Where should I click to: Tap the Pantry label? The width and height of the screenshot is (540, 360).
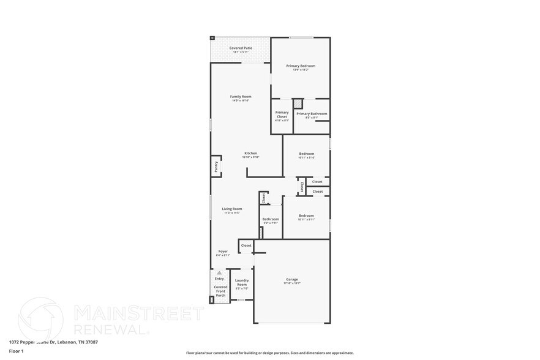pos(216,166)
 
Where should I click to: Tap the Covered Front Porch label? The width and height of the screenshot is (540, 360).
pos(220,291)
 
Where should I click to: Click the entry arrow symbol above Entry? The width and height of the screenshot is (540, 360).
pos(219,273)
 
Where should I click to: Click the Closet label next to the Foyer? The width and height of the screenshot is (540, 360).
pos(246,246)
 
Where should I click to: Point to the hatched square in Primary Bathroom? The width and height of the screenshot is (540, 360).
pos(298,103)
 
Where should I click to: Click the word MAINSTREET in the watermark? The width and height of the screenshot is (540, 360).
pos(138,313)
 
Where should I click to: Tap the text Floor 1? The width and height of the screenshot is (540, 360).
pos(16,351)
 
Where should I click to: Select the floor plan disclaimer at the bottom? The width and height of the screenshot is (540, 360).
pos(269,353)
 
